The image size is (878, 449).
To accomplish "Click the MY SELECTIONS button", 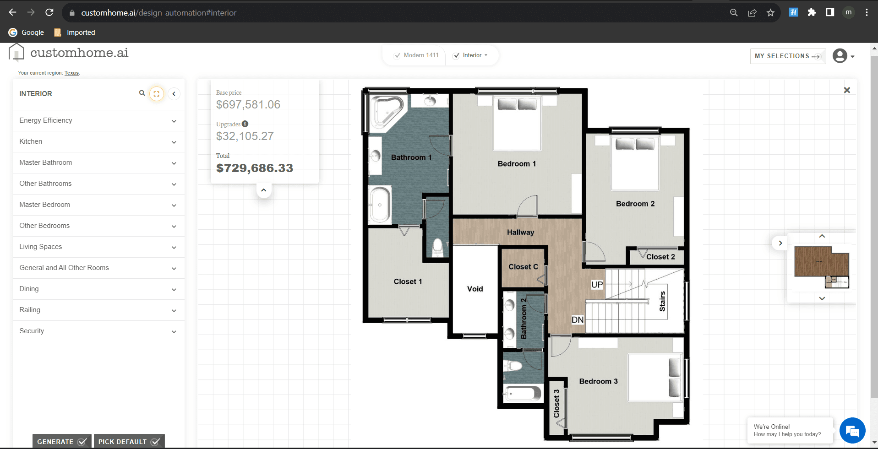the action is point(788,56).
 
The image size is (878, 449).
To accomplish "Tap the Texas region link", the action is point(71,73).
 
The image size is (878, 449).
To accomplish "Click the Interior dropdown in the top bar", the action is point(471,55).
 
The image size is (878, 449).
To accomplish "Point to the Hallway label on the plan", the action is point(520,232).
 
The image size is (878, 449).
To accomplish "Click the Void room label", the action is point(475,289).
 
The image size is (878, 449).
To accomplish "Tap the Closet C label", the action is point(523,266).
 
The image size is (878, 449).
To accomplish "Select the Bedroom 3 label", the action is point(598,381).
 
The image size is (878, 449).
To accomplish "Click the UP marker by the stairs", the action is point(597,285).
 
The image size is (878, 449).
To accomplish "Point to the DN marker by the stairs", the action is point(578,320).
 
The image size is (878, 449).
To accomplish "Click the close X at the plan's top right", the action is point(847,90).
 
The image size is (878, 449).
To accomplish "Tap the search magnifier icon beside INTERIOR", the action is point(142,93).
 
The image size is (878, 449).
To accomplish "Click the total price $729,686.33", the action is point(255,168).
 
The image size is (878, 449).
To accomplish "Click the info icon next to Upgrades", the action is point(245,124).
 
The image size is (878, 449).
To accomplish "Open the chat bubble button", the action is point(852,431).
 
